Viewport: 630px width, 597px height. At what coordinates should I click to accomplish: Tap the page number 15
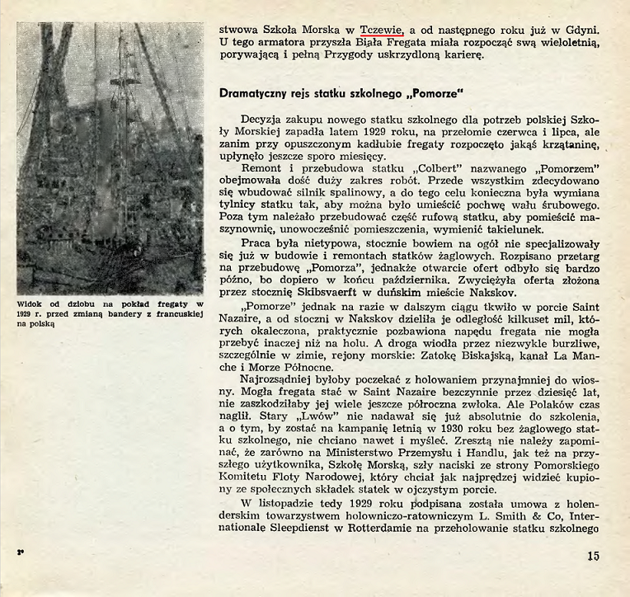[x=594, y=556]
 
